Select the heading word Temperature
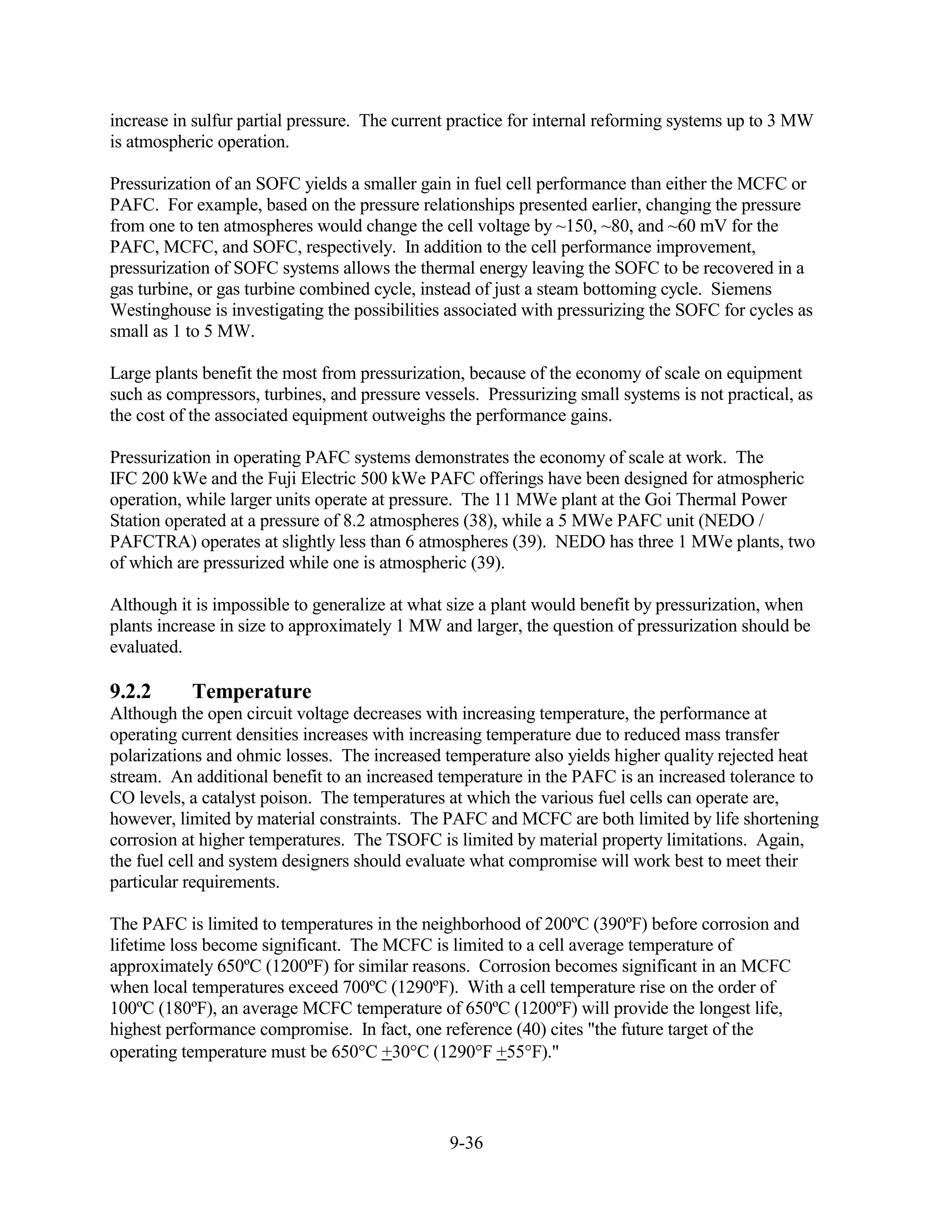coord(252,692)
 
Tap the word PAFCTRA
coord(154,542)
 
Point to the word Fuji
coord(309,479)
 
